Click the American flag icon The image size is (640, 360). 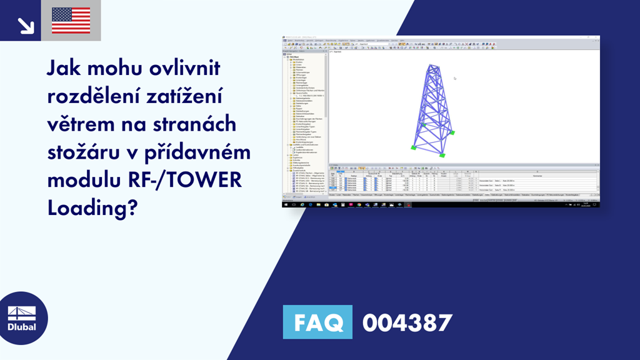click(71, 20)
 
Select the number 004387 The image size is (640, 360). click(407, 322)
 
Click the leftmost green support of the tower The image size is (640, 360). click(413, 147)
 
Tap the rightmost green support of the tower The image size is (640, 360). click(442, 154)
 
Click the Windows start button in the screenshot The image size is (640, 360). click(286, 204)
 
